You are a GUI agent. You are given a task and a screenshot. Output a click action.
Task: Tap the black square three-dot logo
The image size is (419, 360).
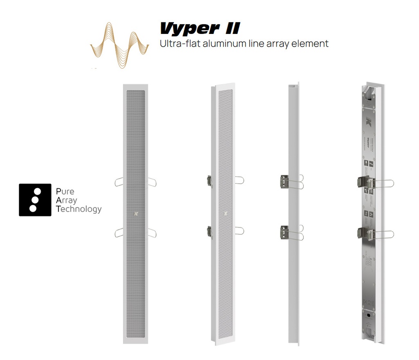(35, 200)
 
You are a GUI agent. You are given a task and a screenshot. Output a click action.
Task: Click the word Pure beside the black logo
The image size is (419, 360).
(65, 191)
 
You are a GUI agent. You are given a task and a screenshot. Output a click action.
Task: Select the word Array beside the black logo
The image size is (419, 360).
(66, 200)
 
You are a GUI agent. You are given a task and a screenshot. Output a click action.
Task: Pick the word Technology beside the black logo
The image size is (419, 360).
(79, 209)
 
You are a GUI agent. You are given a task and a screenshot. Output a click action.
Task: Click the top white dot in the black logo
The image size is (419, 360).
(37, 191)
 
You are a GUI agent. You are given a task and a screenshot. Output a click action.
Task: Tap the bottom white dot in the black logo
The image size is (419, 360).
(33, 209)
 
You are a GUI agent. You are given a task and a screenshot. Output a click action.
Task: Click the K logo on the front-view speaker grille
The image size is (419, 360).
(135, 213)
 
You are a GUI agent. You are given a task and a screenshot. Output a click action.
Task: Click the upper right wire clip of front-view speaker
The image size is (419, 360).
(152, 182)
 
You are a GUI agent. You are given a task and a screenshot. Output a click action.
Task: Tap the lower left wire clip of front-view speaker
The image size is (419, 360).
(119, 232)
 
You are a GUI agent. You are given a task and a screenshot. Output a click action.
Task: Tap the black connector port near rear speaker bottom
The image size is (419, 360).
(369, 316)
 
